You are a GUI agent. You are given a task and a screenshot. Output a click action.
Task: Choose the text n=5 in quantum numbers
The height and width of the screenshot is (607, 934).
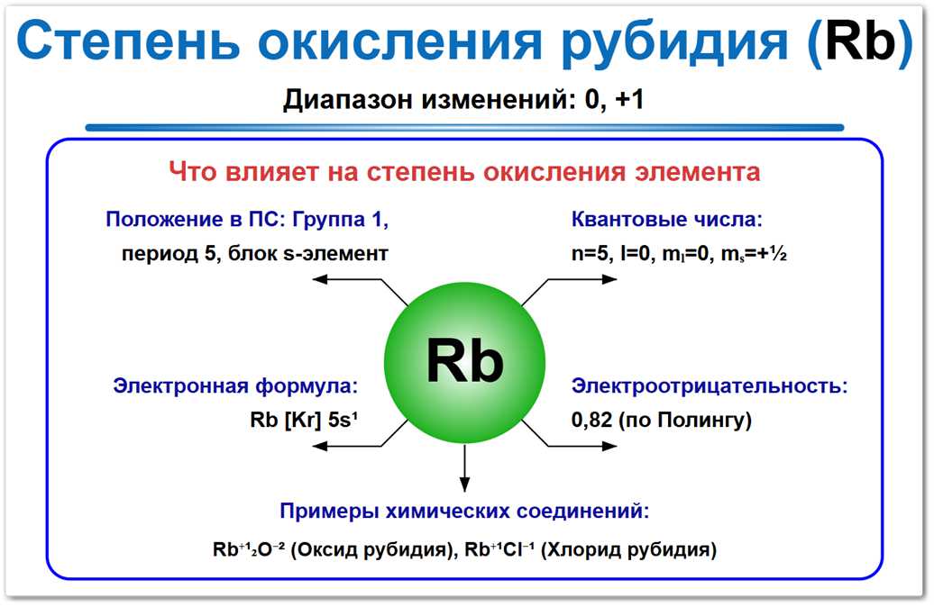click(x=591, y=254)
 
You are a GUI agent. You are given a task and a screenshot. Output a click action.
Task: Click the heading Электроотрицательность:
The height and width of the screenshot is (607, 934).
click(x=710, y=386)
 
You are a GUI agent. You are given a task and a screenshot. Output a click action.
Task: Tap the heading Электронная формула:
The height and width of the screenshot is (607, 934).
click(x=235, y=386)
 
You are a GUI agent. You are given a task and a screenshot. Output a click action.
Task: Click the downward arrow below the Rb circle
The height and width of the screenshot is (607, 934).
click(x=465, y=468)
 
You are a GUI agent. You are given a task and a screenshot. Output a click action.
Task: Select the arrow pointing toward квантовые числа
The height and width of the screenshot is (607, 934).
click(x=577, y=281)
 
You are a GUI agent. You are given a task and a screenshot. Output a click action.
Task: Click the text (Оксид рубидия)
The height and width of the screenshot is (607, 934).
click(x=390, y=549)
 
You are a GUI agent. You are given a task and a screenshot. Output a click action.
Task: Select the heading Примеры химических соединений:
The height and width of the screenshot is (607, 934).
click(x=464, y=511)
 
